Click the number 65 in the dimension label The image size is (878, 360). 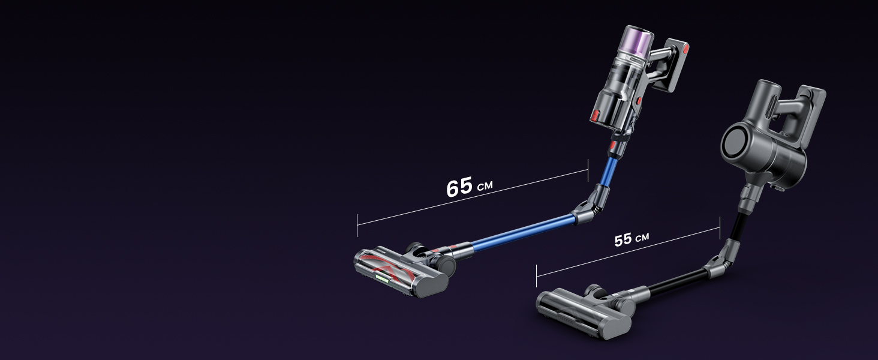click(x=459, y=187)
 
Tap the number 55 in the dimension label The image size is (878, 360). click(x=623, y=240)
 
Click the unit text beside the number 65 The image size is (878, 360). click(x=485, y=185)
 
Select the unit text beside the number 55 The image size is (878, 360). click(x=642, y=237)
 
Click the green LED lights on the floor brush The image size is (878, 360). click(x=382, y=278)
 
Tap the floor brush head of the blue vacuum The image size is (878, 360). click(x=404, y=271)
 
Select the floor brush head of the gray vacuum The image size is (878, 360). click(x=586, y=312)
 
